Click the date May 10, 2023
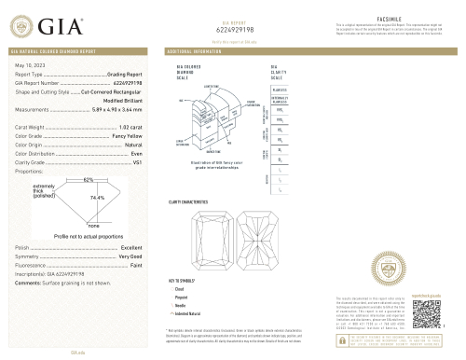coord(31,63)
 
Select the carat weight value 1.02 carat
coord(130,124)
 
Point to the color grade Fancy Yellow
coord(127,136)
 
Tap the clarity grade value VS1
coord(137,163)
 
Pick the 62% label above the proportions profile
coord(89,178)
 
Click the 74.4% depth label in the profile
coord(96,198)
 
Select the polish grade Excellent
coord(130,246)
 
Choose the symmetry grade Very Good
coord(130,255)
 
